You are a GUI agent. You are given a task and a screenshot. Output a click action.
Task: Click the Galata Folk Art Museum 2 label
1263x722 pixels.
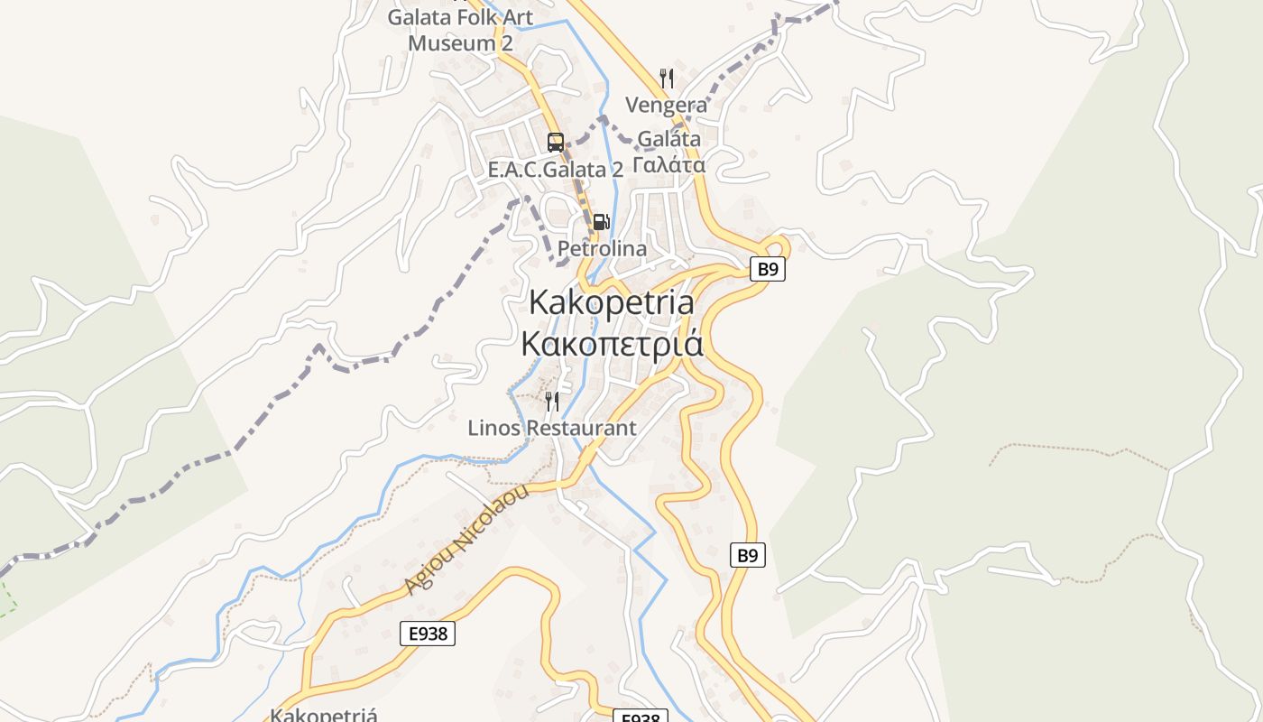point(460,30)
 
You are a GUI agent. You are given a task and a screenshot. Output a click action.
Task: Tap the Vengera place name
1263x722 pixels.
point(667,106)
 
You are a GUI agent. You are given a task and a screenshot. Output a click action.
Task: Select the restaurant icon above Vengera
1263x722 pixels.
point(667,79)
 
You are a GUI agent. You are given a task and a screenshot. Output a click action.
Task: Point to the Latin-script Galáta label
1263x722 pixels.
point(668,140)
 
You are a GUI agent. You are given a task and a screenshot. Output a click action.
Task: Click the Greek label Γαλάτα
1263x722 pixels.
point(668,165)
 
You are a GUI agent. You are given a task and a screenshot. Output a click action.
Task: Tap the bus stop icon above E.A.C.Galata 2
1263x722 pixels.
point(556,143)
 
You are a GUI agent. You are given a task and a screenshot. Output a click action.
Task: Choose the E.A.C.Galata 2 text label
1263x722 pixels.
point(555,170)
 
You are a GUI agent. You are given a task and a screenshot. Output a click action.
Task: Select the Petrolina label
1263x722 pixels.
point(602,248)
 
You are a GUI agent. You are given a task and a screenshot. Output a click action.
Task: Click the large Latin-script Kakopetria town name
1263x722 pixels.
point(612,302)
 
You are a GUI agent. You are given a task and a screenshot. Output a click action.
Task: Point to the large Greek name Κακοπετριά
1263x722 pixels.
point(612,344)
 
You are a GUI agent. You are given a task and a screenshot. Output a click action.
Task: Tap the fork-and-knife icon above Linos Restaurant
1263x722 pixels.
point(552,401)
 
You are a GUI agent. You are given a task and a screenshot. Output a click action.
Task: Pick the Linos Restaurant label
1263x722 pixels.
point(551,428)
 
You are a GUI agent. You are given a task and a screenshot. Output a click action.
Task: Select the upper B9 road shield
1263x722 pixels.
point(767,269)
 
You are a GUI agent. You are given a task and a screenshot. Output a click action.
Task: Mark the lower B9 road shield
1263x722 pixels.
point(747,555)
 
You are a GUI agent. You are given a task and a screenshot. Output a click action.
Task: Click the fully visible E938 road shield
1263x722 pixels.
point(428,634)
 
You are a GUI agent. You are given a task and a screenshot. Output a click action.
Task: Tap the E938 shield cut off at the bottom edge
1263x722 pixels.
point(641,717)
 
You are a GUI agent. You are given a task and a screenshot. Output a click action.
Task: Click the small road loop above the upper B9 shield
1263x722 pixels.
point(776,245)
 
